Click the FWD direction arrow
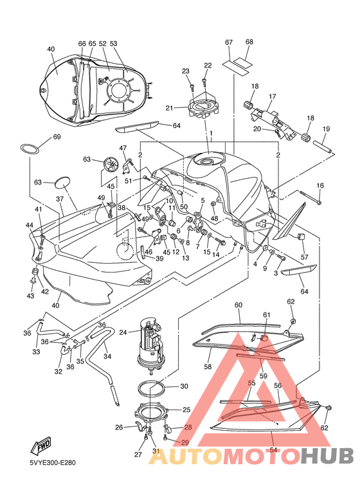[40, 445]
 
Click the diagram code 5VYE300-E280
[53, 463]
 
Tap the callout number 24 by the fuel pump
[123, 332]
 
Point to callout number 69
[57, 137]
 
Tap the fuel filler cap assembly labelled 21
[203, 107]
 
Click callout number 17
[273, 96]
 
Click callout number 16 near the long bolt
[320, 185]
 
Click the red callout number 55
[251, 383]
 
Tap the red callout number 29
[184, 442]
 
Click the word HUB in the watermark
[327, 456]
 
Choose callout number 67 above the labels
[229, 42]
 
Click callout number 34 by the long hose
[107, 356]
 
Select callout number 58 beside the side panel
[208, 366]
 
